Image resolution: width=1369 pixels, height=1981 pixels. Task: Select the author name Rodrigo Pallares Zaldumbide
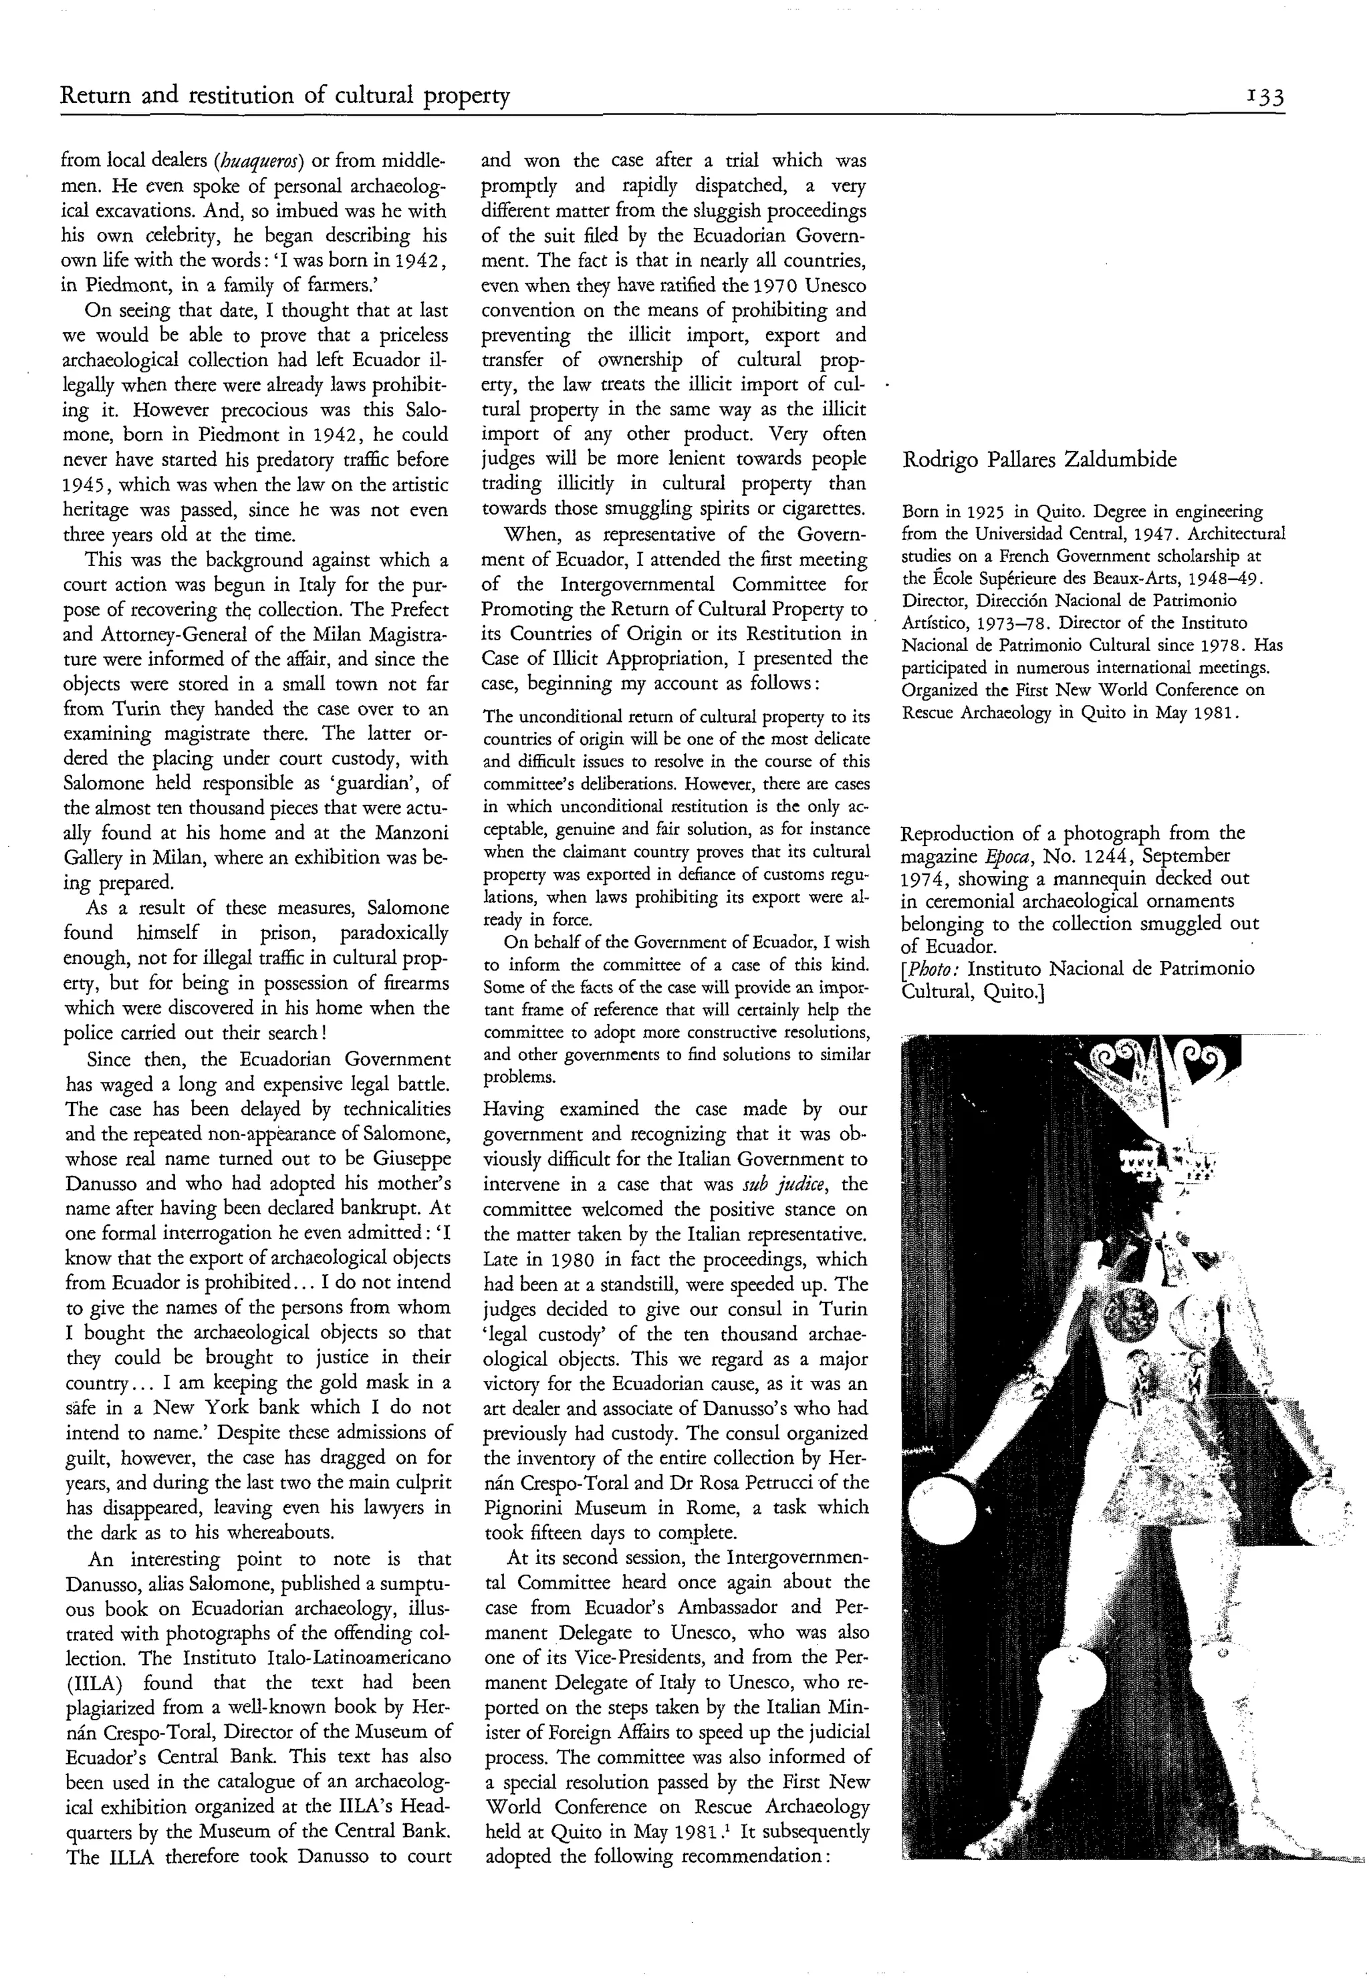pyautogui.click(x=1039, y=460)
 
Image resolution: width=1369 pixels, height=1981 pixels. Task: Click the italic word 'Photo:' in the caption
pyautogui.click(x=932, y=969)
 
